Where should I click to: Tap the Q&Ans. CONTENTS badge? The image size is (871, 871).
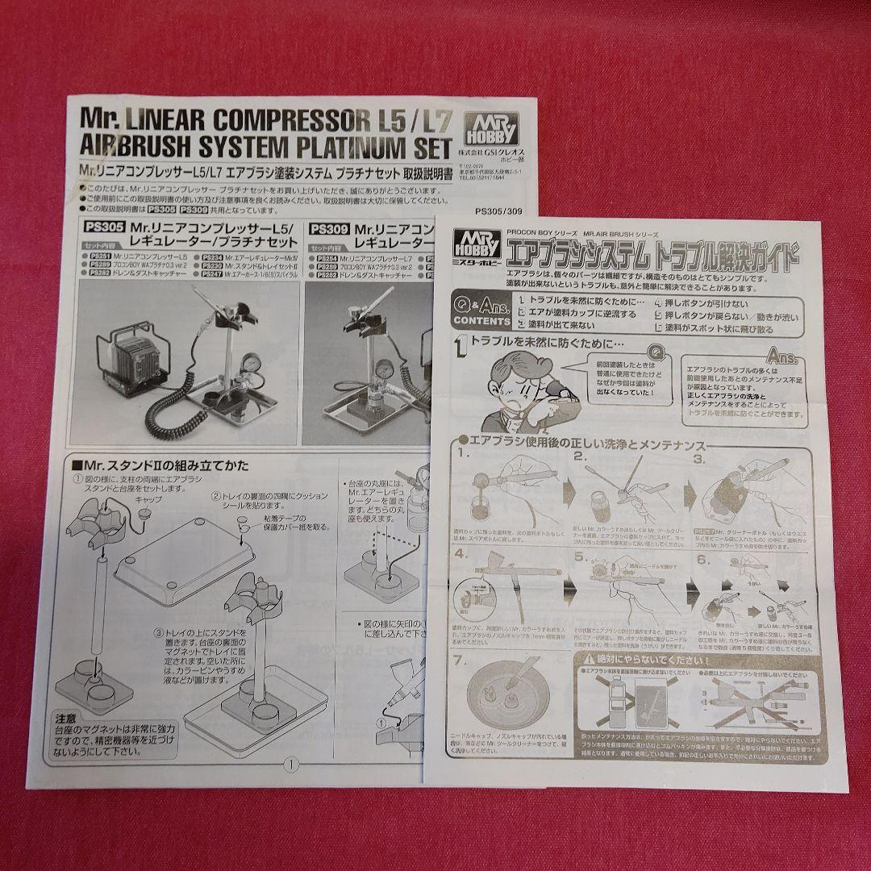[481, 311]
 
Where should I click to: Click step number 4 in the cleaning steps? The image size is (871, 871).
[461, 555]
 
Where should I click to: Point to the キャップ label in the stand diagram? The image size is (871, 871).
[148, 499]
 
